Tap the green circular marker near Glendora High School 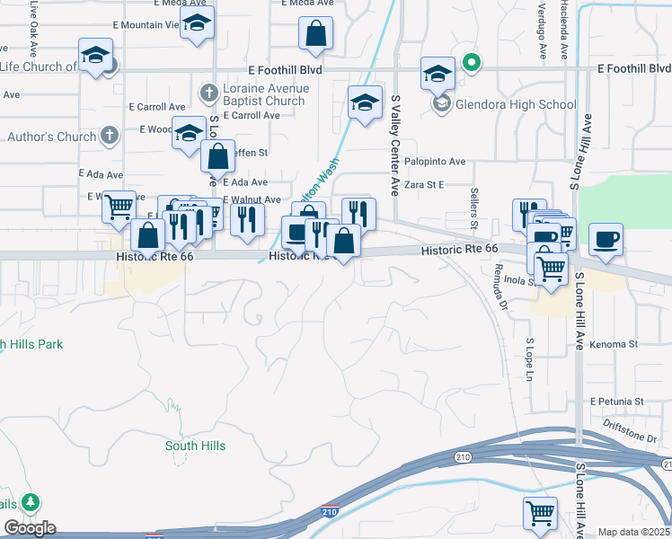(x=470, y=63)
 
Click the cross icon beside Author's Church (x=108, y=137)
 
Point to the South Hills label (x=195, y=446)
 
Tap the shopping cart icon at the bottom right (x=540, y=514)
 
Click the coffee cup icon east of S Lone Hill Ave (x=606, y=240)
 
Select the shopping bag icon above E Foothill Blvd (x=315, y=34)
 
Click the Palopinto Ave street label (x=435, y=162)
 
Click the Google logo (x=30, y=528)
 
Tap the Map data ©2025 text (x=633, y=532)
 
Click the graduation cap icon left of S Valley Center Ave (x=366, y=103)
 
